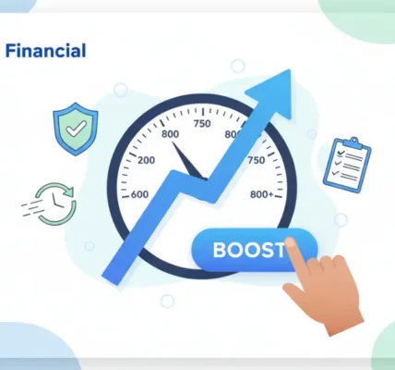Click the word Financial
click(x=45, y=51)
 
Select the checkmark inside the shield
click(x=76, y=126)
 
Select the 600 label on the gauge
click(x=140, y=194)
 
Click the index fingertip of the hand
click(x=291, y=243)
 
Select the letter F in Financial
click(x=10, y=51)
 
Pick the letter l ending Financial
click(x=83, y=51)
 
